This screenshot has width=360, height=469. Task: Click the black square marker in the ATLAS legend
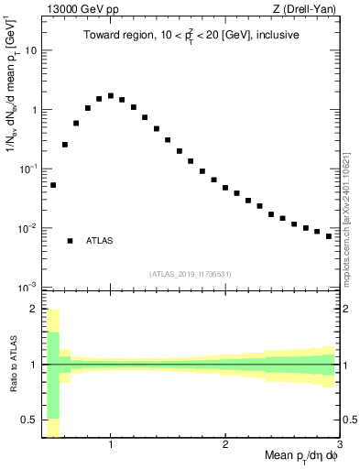[70, 241]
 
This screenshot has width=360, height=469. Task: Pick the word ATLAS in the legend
[100, 241]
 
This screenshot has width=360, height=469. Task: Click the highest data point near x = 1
[111, 95]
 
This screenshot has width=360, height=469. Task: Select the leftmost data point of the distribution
[53, 185]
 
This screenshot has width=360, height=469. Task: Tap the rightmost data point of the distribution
[329, 236]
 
